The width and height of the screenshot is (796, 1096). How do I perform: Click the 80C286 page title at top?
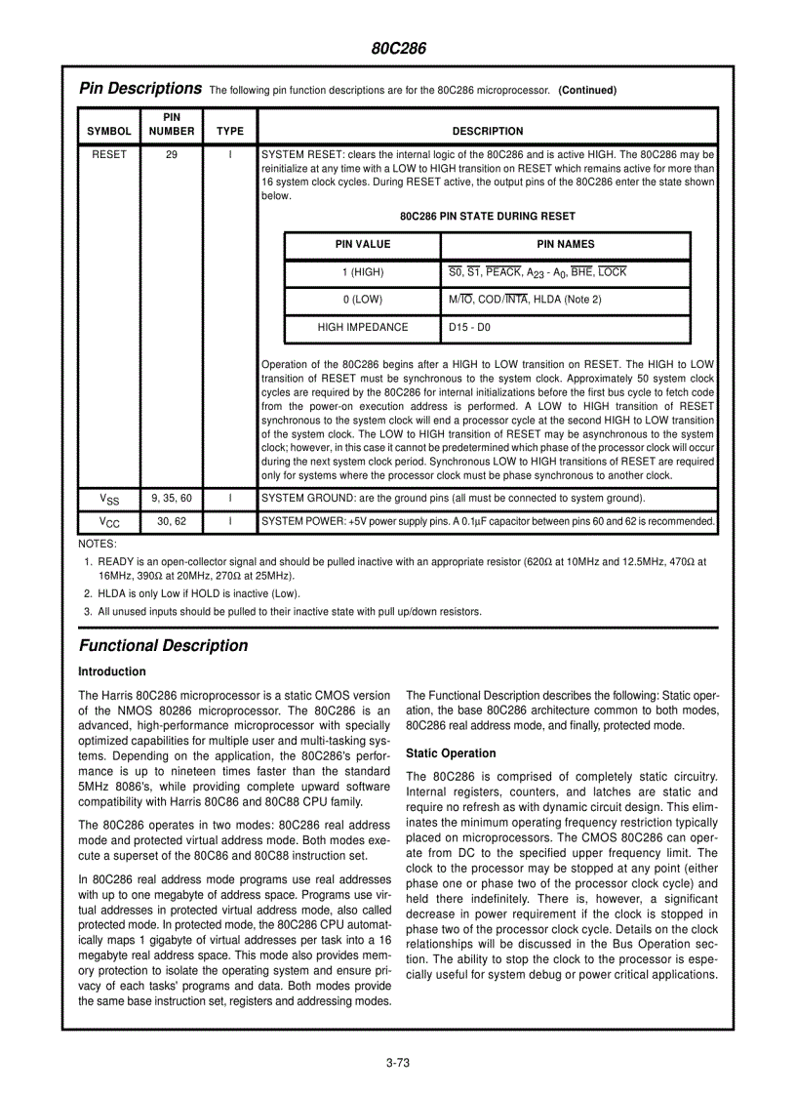pyautogui.click(x=398, y=48)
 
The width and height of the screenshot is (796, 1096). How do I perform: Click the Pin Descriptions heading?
pyautogui.click(x=139, y=89)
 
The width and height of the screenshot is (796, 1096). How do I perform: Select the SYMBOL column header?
pyautogui.click(x=109, y=131)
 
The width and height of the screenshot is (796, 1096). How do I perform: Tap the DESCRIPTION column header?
pyautogui.click(x=487, y=131)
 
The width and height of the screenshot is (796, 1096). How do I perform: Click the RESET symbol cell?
pyautogui.click(x=109, y=154)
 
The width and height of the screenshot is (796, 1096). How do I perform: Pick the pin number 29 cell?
pyautogui.click(x=171, y=154)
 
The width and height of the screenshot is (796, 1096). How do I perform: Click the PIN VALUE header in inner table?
pyautogui.click(x=363, y=245)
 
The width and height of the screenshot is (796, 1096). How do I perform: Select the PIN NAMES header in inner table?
pyautogui.click(x=565, y=245)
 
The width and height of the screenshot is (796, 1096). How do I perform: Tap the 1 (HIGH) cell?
pyautogui.click(x=363, y=272)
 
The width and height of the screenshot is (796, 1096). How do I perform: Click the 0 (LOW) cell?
pyautogui.click(x=363, y=300)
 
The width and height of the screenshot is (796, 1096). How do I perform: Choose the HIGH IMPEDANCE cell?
pyautogui.click(x=363, y=328)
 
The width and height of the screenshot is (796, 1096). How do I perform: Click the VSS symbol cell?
pyautogui.click(x=109, y=499)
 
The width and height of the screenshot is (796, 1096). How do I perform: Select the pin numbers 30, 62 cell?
pyautogui.click(x=171, y=522)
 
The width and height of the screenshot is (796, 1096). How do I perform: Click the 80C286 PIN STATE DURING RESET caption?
pyautogui.click(x=487, y=216)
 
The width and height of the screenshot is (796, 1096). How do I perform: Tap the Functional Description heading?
pyautogui.click(x=163, y=645)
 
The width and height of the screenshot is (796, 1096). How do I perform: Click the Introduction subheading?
pyautogui.click(x=112, y=671)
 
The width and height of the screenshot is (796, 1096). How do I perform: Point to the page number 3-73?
pyautogui.click(x=397, y=1064)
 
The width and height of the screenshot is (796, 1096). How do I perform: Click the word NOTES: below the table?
pyautogui.click(x=97, y=544)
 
